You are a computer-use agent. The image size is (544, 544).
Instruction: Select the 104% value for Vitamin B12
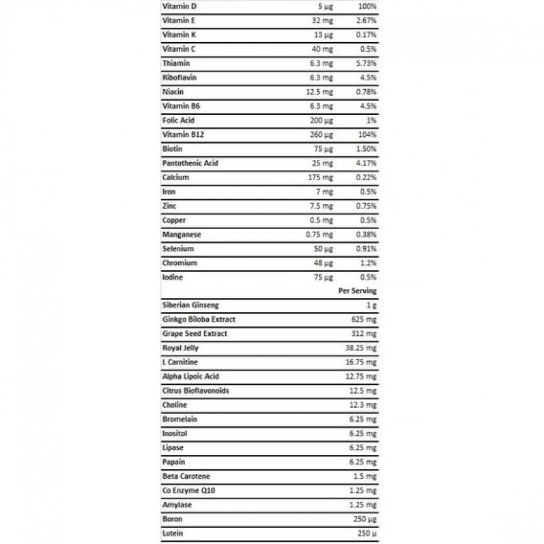click(367, 135)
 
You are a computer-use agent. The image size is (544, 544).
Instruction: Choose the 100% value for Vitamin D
click(366, 6)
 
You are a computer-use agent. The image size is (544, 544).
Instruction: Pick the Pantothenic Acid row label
click(191, 163)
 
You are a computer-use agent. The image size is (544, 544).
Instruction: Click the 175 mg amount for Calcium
click(319, 177)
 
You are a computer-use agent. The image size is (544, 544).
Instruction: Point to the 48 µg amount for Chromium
click(322, 262)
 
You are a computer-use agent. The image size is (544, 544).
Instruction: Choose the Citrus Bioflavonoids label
click(196, 391)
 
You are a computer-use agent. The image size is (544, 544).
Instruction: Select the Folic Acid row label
click(178, 120)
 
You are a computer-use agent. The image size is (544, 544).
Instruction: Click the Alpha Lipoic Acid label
click(191, 377)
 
